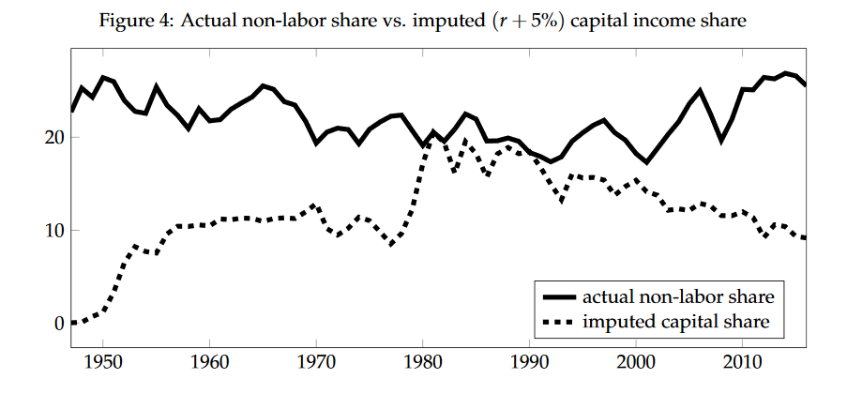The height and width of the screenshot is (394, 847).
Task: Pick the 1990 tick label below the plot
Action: click(530, 361)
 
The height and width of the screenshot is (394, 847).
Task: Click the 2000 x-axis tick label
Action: click(637, 361)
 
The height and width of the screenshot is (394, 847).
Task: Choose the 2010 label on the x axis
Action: click(743, 361)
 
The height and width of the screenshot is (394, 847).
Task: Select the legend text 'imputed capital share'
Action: click(675, 322)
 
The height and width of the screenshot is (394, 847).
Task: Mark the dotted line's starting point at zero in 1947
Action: click(72, 322)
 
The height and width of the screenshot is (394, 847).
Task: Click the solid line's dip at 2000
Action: click(647, 161)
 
